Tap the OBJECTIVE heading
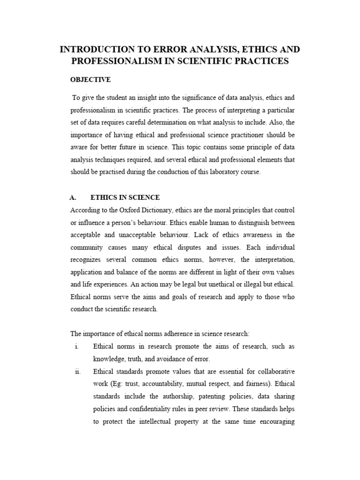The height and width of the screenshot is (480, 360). pos(90,80)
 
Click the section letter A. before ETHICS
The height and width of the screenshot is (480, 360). pos(74,197)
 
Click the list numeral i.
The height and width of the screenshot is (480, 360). pos(76,346)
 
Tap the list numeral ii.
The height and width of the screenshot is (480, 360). pos(78,371)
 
